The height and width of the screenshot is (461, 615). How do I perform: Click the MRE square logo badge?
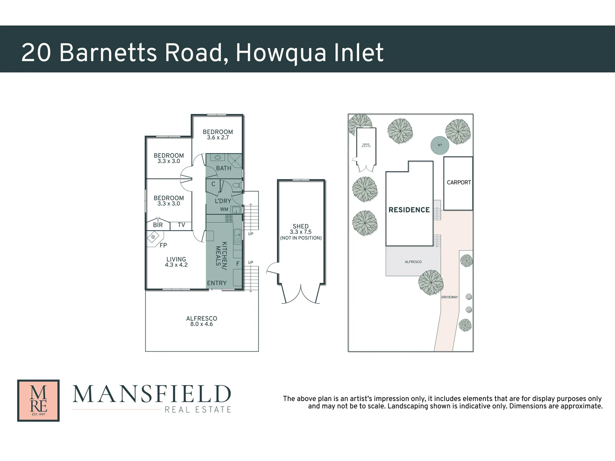coord(38,400)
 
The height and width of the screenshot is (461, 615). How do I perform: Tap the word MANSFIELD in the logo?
coord(152,394)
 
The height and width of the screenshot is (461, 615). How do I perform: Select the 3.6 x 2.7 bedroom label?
coord(218,137)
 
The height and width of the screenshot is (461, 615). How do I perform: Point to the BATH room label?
coord(223,168)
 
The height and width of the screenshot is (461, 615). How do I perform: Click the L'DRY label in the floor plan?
coord(223,201)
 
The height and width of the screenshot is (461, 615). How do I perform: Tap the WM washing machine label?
coord(224,210)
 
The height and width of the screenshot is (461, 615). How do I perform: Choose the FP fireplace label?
coord(163,245)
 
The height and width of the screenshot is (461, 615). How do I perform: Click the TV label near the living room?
coord(182,225)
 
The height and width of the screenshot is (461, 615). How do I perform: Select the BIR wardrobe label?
coord(158,225)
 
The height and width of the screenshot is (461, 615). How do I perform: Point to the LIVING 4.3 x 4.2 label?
coord(176,262)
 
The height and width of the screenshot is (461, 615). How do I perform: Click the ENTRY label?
coord(217,283)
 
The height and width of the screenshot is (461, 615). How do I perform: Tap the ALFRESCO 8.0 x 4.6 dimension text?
coord(202,324)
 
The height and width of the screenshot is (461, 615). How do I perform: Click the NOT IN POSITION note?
coord(301,238)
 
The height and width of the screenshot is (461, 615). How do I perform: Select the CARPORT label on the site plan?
coord(459,182)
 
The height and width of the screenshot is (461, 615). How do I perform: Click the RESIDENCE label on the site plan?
coord(409,210)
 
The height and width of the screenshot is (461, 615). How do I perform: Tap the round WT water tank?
coord(440,145)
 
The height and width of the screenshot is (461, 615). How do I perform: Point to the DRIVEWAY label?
coord(449,297)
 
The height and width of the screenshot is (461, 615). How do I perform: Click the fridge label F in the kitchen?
coord(238,264)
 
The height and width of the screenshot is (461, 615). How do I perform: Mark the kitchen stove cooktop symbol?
coord(229,219)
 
